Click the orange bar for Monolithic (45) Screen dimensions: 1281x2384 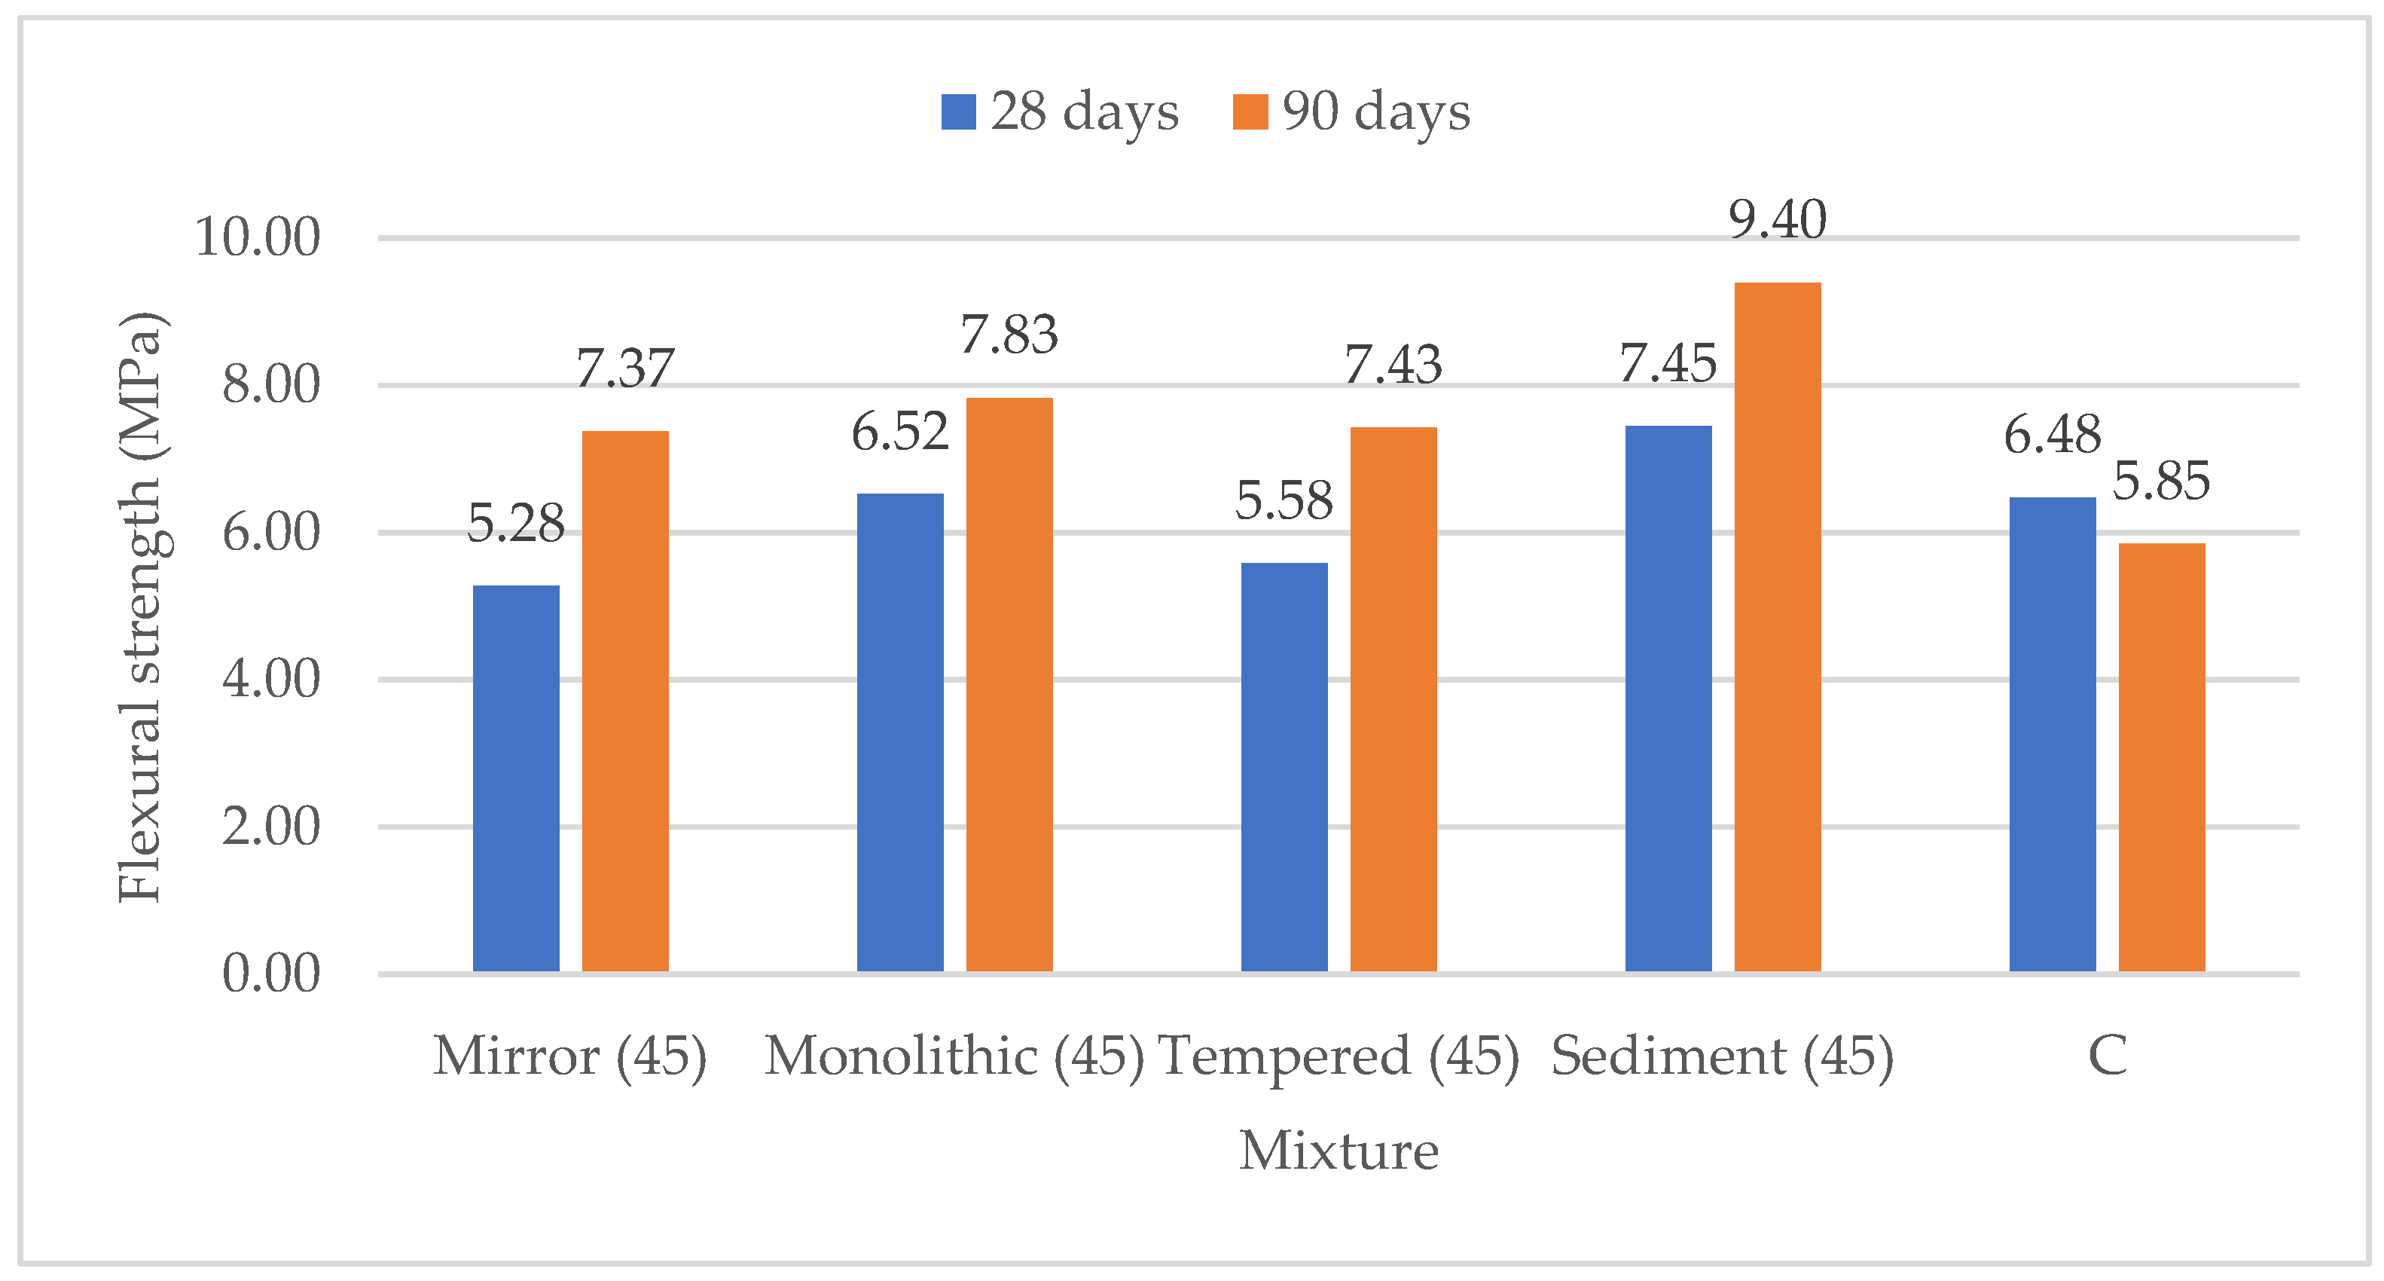(1009, 684)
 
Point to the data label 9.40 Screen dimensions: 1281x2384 (1777, 220)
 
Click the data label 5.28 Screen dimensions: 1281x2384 (515, 524)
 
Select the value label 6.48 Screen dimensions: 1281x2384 (2052, 435)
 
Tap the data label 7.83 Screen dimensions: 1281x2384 (1009, 335)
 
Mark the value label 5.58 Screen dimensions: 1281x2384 (1284, 501)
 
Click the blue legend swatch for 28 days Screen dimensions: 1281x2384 (958, 112)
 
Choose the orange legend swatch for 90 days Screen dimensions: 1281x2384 (1250, 112)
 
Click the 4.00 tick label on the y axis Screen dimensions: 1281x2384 (270, 680)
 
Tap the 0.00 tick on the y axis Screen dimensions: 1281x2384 (270, 974)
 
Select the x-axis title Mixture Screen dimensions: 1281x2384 (1339, 1151)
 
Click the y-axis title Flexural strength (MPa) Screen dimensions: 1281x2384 (141, 607)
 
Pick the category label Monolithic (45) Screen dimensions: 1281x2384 (954, 1056)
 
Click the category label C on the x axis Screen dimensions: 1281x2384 (2108, 1056)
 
